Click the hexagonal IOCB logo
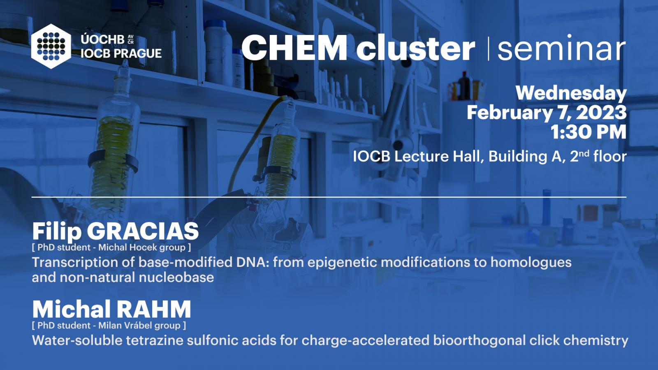tap(51, 46)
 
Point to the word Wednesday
tap(571, 93)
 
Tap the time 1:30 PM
tap(588, 132)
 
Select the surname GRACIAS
tap(143, 231)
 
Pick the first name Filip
tap(57, 232)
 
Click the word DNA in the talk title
tap(253, 262)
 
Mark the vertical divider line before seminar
tap(489, 49)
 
